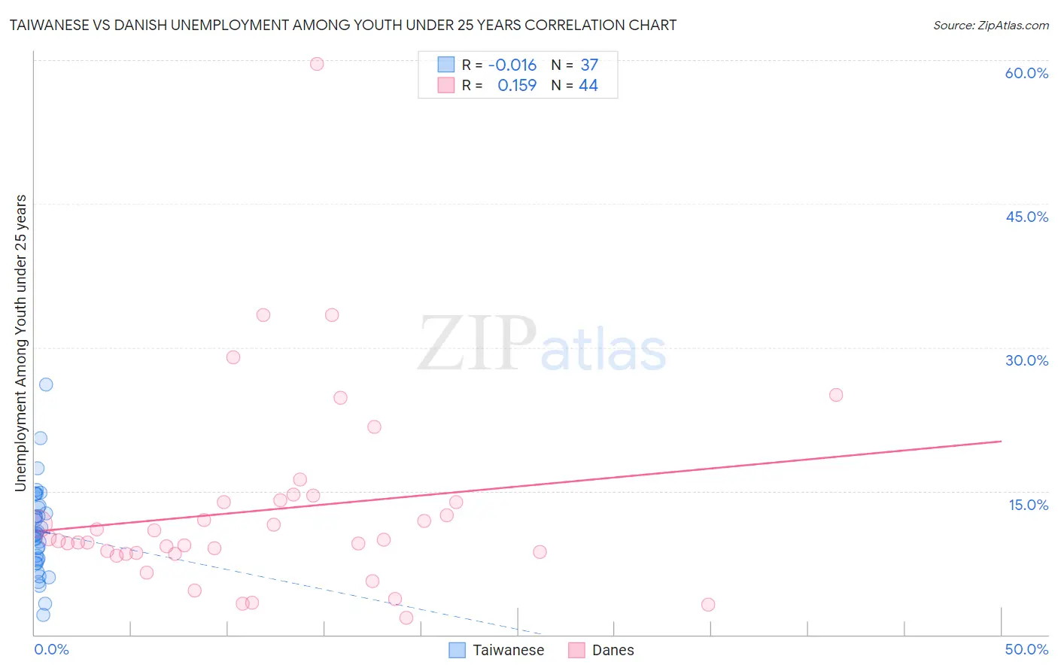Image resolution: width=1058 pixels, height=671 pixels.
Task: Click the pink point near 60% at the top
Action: pyautogui.click(x=317, y=64)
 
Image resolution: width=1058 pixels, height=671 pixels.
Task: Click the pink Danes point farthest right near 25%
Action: pyautogui.click(x=835, y=395)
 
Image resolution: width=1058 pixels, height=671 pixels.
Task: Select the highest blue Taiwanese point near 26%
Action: pyautogui.click(x=46, y=384)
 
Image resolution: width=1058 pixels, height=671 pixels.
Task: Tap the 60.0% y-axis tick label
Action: pyautogui.click(x=1026, y=73)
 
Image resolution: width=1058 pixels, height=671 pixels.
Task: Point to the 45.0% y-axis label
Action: pyautogui.click(x=1026, y=217)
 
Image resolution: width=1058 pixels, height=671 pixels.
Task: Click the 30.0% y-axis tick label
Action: pyautogui.click(x=1026, y=360)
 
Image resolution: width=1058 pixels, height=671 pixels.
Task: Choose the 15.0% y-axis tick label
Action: pyautogui.click(x=1028, y=505)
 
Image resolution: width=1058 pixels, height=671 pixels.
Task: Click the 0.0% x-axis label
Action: pyautogui.click(x=51, y=649)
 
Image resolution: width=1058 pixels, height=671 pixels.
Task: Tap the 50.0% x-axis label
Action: pyautogui.click(x=1026, y=649)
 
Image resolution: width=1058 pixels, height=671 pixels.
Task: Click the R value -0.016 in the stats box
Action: pyautogui.click(x=512, y=65)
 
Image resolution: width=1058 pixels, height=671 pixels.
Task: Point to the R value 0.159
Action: pyautogui.click(x=517, y=86)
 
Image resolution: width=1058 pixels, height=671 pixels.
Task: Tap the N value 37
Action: pyautogui.click(x=589, y=65)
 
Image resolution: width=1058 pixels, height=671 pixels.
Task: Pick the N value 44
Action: pyautogui.click(x=588, y=86)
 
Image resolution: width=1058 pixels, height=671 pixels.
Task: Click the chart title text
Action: pyautogui.click(x=343, y=25)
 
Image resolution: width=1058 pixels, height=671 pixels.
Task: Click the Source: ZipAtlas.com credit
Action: pyautogui.click(x=990, y=25)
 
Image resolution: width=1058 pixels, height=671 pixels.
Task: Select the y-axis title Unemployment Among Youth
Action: pyautogui.click(x=20, y=342)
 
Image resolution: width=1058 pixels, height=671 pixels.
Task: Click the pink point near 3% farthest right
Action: pyautogui.click(x=707, y=605)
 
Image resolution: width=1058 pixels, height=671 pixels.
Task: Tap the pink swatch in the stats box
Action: pyautogui.click(x=446, y=86)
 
